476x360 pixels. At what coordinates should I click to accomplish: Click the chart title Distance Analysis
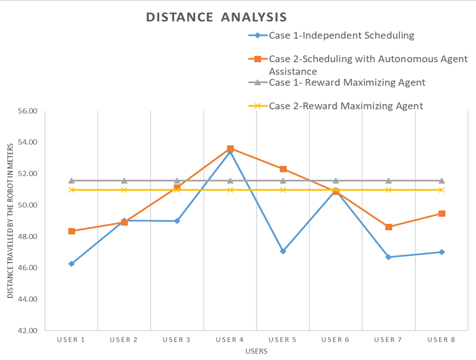point(216,17)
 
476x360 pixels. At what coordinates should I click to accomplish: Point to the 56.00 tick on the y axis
point(28,111)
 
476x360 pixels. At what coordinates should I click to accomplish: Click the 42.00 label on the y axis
point(28,330)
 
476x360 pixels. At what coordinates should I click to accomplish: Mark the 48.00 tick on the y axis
point(28,237)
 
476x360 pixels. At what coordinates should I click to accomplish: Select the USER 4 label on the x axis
point(230,340)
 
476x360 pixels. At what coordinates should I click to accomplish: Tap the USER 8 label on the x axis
point(441,340)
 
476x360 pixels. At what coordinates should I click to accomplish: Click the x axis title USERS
point(256,351)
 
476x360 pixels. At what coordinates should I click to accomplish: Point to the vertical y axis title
point(11,221)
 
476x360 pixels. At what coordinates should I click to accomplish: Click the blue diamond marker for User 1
point(72,264)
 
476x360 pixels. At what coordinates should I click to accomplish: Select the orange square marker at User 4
point(230,148)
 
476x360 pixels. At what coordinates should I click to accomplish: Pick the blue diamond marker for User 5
point(283,251)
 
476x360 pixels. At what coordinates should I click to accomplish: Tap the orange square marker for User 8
point(442,214)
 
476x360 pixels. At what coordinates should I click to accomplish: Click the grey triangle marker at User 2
point(124,181)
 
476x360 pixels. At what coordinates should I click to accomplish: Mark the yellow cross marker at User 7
point(388,190)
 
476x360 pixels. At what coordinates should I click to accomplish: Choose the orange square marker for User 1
point(72,231)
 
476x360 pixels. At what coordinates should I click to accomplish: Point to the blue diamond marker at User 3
point(177,221)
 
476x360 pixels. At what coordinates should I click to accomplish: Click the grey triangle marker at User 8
point(442,181)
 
